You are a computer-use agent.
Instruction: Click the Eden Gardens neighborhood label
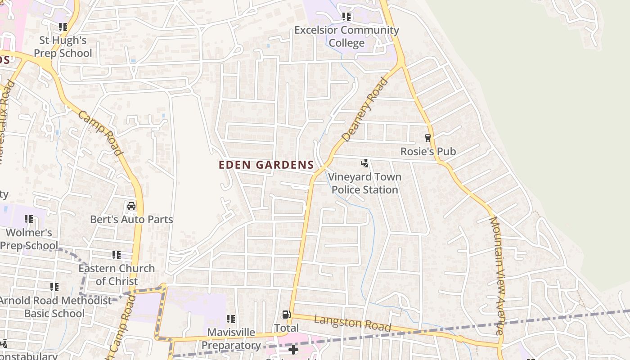click(266, 165)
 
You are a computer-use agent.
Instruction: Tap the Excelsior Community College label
click(346, 36)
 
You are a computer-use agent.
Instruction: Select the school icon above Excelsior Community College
click(346, 17)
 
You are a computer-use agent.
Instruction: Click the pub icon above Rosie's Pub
click(428, 138)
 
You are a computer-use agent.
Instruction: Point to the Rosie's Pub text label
click(428, 152)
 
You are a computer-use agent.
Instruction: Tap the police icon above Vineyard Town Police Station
click(365, 163)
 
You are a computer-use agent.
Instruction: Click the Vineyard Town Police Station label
click(364, 183)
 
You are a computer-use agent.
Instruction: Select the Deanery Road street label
click(364, 109)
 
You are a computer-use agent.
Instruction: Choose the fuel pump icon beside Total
click(286, 315)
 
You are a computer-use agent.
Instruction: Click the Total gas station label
click(287, 328)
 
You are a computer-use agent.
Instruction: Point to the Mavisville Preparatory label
click(231, 339)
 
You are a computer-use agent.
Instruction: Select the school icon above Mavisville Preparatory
click(231, 319)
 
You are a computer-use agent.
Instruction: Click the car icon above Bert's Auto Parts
click(131, 206)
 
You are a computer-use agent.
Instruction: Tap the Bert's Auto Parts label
click(131, 220)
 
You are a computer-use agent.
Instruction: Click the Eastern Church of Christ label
click(117, 274)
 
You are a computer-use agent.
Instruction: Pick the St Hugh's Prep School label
click(63, 47)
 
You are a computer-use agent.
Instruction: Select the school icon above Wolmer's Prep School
click(29, 219)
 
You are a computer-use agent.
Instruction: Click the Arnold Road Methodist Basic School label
click(54, 307)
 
